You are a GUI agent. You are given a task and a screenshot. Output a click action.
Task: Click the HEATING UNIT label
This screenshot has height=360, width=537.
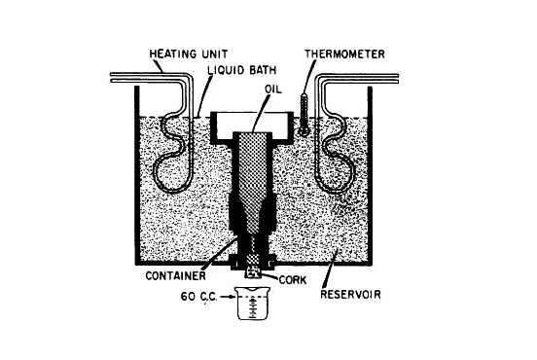189,54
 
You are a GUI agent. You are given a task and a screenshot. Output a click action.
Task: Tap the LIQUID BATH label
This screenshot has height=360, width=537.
242,70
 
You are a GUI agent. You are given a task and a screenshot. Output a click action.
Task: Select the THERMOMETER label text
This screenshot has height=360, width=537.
345,54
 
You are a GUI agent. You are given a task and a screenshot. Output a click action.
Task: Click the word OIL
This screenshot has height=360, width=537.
273,90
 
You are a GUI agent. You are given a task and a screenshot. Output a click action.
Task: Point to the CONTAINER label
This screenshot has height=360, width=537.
176,275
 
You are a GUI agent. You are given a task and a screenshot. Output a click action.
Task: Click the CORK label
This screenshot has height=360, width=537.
293,280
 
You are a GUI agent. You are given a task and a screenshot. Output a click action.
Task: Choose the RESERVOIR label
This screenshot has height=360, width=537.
350,295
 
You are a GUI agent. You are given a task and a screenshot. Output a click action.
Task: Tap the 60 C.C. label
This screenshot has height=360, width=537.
199,297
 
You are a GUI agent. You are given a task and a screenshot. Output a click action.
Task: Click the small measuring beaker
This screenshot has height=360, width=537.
254,304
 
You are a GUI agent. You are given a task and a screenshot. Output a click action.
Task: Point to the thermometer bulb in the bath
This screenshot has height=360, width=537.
302,130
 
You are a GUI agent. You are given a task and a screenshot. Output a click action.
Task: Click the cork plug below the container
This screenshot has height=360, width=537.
254,272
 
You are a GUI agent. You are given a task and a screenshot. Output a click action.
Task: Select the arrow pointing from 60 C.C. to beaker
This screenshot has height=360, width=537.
228,297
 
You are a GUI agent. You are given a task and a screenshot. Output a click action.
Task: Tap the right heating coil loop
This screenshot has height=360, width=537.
336,153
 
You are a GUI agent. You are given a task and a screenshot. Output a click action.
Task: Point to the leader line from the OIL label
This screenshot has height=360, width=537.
262,113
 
